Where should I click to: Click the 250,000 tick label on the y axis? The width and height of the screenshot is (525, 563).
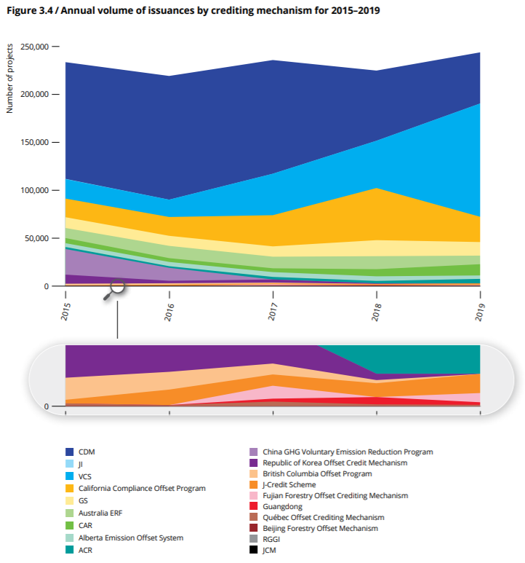34,47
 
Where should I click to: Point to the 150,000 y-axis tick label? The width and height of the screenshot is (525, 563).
34,142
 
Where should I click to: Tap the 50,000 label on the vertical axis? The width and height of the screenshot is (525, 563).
36,238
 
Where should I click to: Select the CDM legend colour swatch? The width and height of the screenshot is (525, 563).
69,452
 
